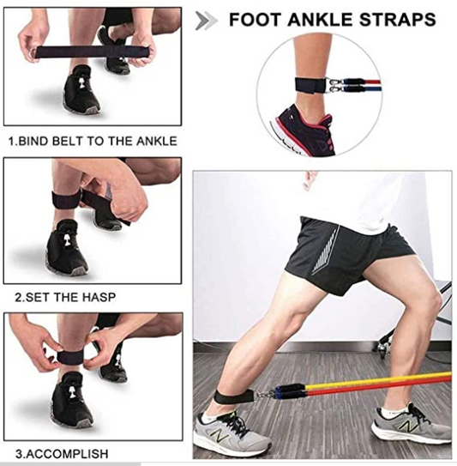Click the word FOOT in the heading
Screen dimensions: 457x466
[x=255, y=20]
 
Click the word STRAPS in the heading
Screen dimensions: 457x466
[x=398, y=20]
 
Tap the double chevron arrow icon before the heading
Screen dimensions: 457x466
[x=206, y=21]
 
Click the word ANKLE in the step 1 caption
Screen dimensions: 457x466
[x=157, y=141]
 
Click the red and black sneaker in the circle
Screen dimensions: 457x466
[x=304, y=131]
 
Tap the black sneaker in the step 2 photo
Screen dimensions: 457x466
[x=66, y=247]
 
